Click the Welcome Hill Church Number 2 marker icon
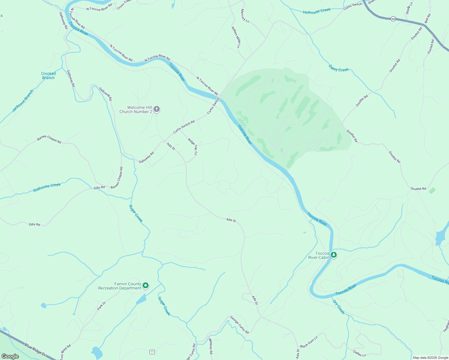click(x=156, y=109)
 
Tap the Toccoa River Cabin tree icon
click(x=333, y=255)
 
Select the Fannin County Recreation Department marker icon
click(x=146, y=286)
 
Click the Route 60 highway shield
click(x=393, y=19)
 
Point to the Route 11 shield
click(x=152, y=352)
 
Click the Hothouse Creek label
click(x=316, y=11)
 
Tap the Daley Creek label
click(x=339, y=68)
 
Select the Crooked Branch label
click(x=48, y=76)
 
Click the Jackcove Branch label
click(x=23, y=101)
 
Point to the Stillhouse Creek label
click(x=47, y=187)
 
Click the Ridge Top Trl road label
click(x=192, y=146)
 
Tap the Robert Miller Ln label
click(x=236, y=37)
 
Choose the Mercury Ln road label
click(x=245, y=16)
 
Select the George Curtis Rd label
click(x=239, y=325)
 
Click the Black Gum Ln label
click(x=309, y=342)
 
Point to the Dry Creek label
click(x=339, y=307)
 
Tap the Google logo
click(x=10, y=356)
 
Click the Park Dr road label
click(x=101, y=306)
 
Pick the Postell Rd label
click(x=431, y=47)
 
